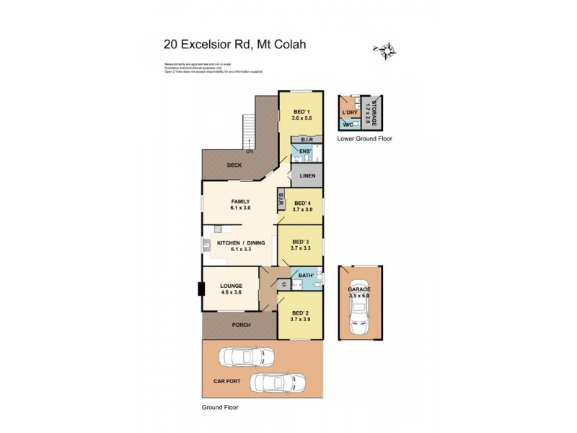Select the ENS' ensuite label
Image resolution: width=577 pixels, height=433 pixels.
pos(304,152)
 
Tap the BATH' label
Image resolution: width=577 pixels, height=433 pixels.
pos(304,275)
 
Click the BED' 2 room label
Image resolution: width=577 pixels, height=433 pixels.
pos(301,314)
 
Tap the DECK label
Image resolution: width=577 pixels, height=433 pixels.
pos(234,165)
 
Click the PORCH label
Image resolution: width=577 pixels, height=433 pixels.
pos(240,325)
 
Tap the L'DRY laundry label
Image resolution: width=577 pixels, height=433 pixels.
pos(351,113)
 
